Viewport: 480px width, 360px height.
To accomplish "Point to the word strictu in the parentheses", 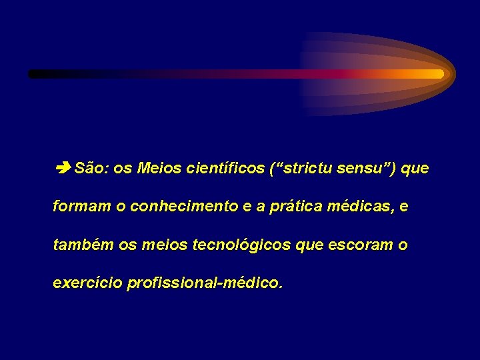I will coord(309,169).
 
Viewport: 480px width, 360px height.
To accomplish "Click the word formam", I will coord(81,207).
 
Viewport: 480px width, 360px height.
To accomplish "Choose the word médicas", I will coord(359,207).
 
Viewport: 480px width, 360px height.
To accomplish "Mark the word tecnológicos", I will coord(241,245).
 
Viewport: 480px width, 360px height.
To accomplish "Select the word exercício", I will coord(87,283).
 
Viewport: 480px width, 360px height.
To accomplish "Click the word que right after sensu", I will coord(416,169).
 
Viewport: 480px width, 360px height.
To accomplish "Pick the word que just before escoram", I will coord(309,245).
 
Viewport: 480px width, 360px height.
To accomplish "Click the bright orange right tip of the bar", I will coord(436,74).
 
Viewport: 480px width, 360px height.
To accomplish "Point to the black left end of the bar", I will coord(35,74).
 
